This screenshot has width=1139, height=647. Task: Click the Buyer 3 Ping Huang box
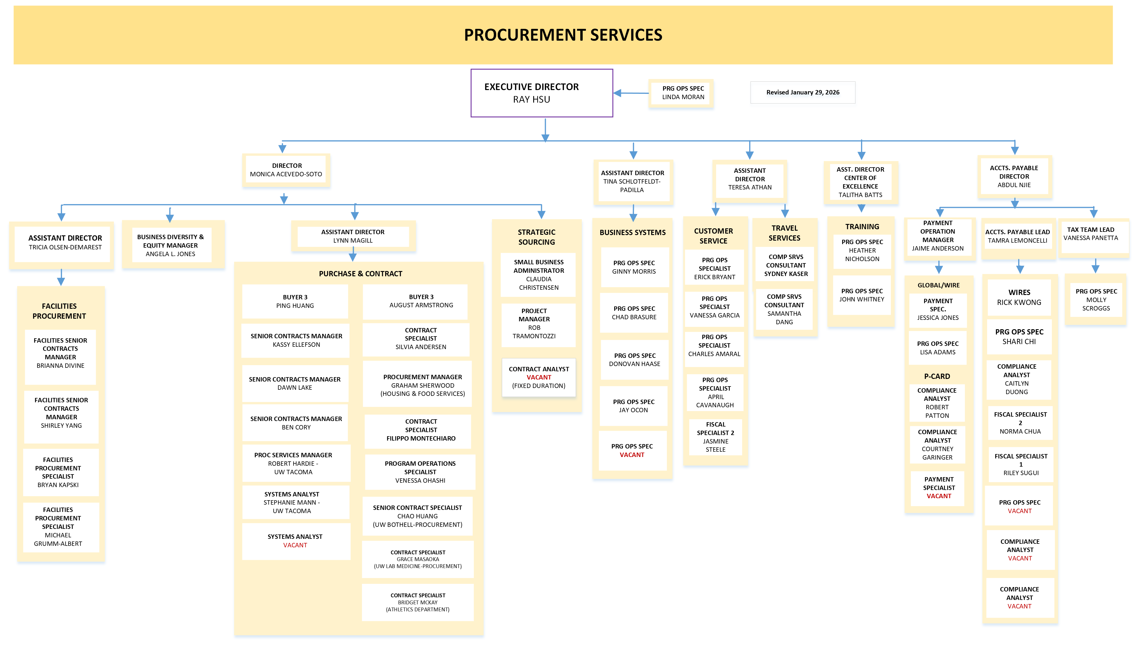(x=295, y=301)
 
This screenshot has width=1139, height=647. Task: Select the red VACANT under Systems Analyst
(x=295, y=545)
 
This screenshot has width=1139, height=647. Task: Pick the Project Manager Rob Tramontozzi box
(x=534, y=323)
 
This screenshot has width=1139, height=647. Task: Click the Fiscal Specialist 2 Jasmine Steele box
(x=715, y=437)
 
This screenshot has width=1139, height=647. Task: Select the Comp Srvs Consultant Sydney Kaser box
(x=785, y=265)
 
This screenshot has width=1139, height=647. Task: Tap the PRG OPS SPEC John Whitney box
(x=862, y=295)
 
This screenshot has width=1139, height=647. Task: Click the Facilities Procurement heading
(x=59, y=311)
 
